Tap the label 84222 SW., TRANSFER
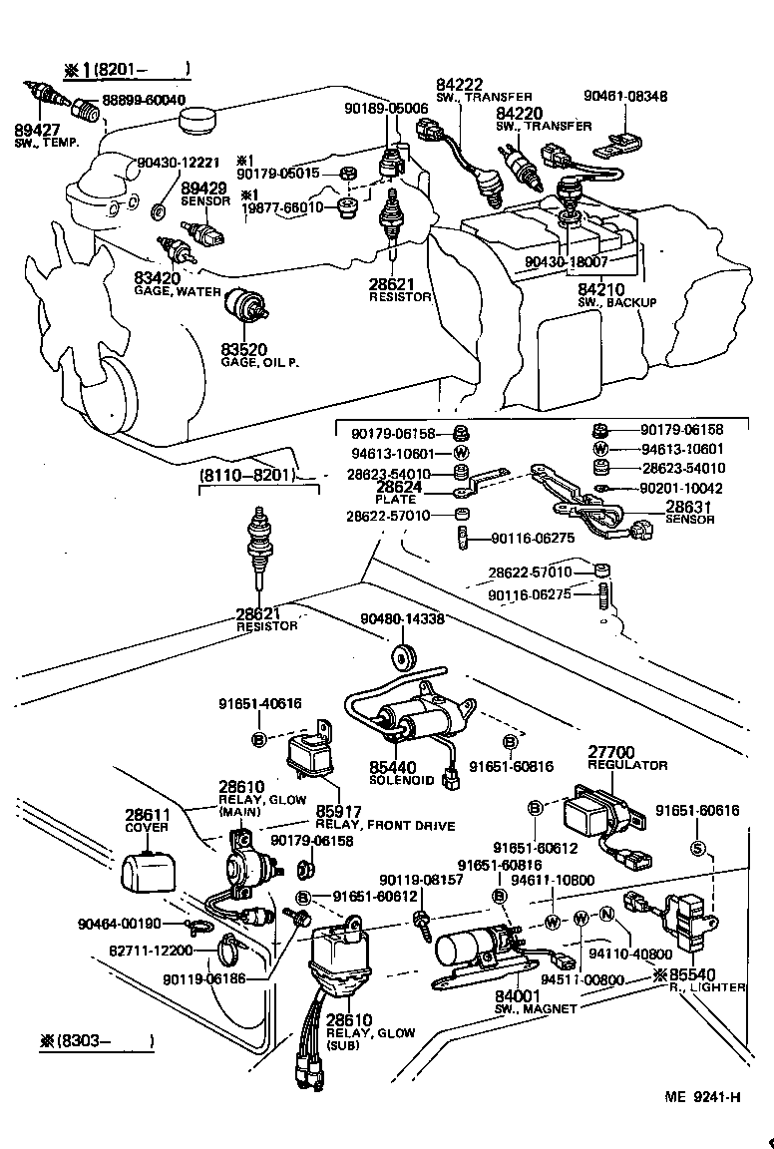[x=455, y=86]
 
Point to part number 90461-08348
[x=625, y=97]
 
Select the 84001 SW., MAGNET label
[x=516, y=996]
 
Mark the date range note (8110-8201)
[x=247, y=475]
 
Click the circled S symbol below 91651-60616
[x=699, y=849]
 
